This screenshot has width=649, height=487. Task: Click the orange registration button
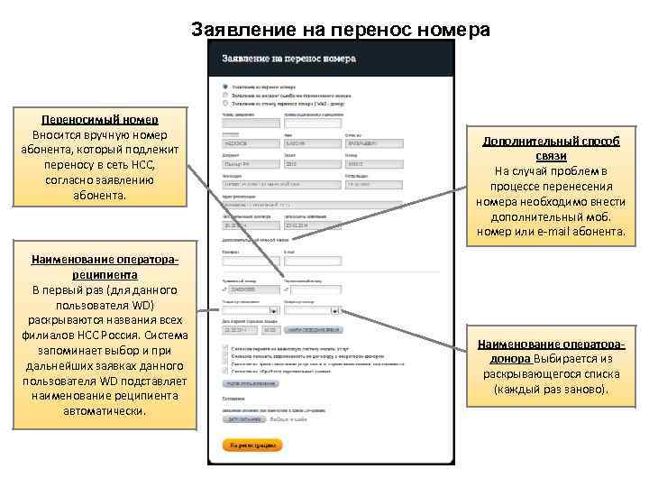pyautogui.click(x=252, y=445)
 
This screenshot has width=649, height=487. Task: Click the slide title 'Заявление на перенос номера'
pyautogui.click(x=341, y=30)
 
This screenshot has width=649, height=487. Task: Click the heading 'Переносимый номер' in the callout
pyautogui.click(x=100, y=120)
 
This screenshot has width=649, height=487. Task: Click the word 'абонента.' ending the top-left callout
pyautogui.click(x=100, y=196)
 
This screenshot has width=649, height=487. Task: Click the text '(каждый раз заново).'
pyautogui.click(x=551, y=390)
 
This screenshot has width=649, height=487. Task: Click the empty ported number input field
pyautogui.click(x=315, y=290)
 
